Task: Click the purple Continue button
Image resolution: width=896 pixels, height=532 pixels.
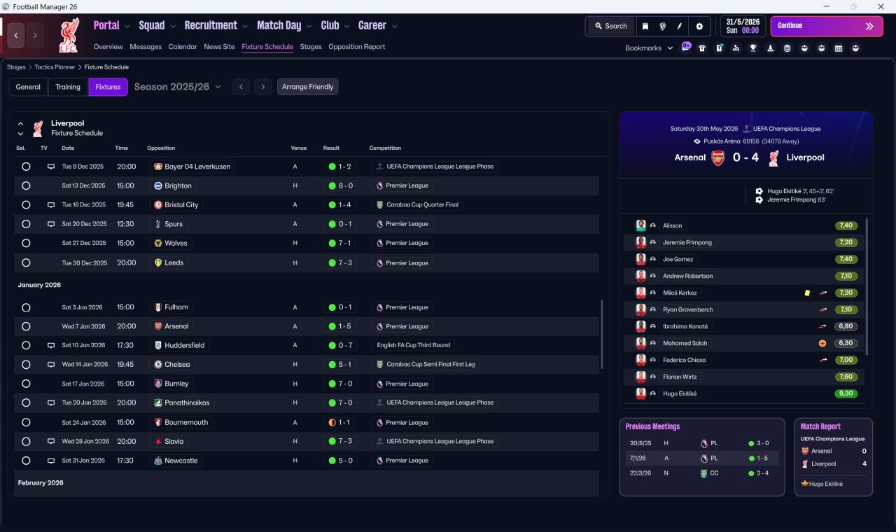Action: click(x=826, y=26)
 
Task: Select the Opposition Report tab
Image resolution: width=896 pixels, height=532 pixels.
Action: click(x=356, y=47)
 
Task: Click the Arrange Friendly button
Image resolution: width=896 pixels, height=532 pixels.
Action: click(x=307, y=87)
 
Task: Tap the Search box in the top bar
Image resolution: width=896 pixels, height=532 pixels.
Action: click(x=610, y=26)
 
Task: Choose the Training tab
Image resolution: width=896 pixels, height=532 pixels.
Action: click(x=68, y=87)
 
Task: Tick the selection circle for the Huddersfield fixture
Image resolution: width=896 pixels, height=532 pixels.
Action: click(x=26, y=345)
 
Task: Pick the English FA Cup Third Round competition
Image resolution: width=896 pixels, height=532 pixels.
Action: click(x=413, y=345)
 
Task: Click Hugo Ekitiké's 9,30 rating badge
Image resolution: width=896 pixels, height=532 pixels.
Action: click(x=846, y=393)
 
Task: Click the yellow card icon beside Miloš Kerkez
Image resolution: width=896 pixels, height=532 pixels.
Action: click(x=807, y=293)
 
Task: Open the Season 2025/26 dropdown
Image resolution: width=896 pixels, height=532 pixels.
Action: click(x=177, y=87)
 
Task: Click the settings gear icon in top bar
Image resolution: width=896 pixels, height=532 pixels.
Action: click(x=699, y=26)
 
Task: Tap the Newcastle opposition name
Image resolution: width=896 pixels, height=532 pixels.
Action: click(x=181, y=461)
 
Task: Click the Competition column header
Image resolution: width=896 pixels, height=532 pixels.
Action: click(x=385, y=148)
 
